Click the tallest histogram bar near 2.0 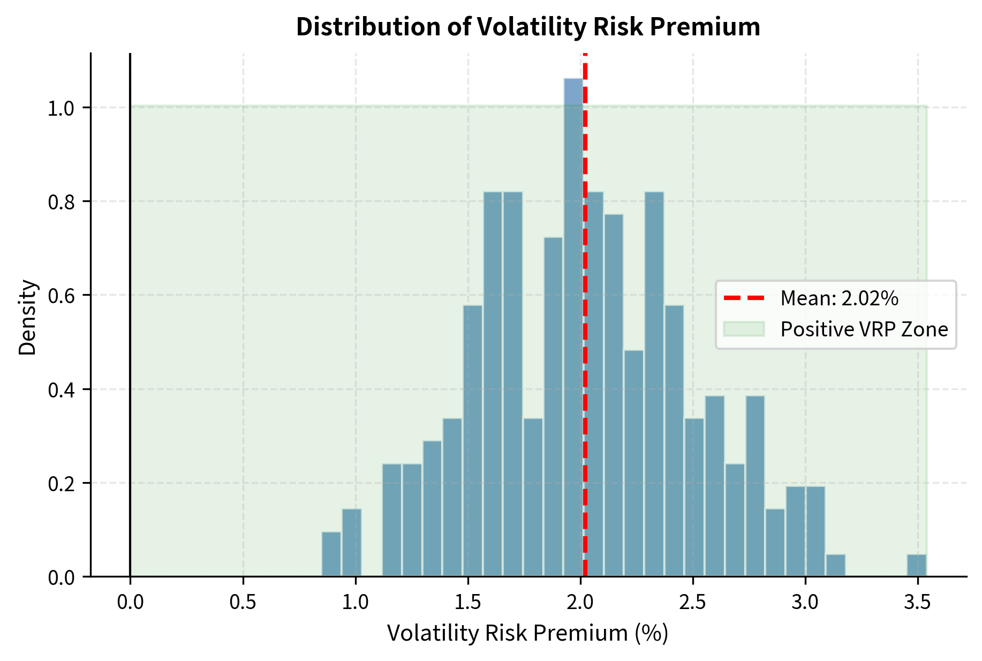(x=572, y=327)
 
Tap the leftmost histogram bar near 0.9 (x=331, y=554)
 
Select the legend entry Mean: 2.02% (x=839, y=298)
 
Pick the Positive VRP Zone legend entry (x=864, y=329)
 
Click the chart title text (x=528, y=27)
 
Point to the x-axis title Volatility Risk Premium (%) (x=527, y=633)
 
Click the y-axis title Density (x=27, y=317)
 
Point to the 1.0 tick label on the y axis (x=62, y=108)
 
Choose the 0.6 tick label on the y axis (x=62, y=296)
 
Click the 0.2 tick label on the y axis (x=62, y=483)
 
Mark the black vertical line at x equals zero (x=130, y=321)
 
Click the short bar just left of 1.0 (x=352, y=542)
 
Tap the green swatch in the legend (x=744, y=329)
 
